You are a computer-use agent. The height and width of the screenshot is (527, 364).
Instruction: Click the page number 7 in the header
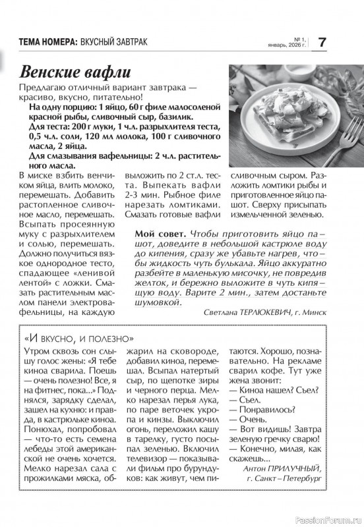(322, 42)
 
